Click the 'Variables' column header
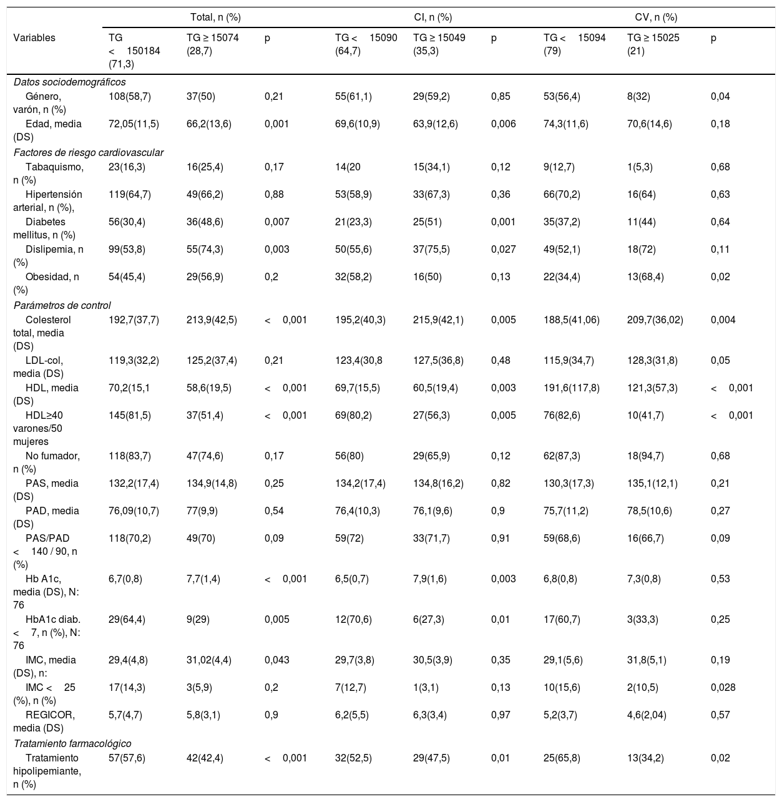click(x=34, y=37)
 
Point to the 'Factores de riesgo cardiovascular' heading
click(x=88, y=152)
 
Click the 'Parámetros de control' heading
click(x=62, y=305)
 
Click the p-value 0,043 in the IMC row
click(x=276, y=660)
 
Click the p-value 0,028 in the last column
click(x=723, y=687)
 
